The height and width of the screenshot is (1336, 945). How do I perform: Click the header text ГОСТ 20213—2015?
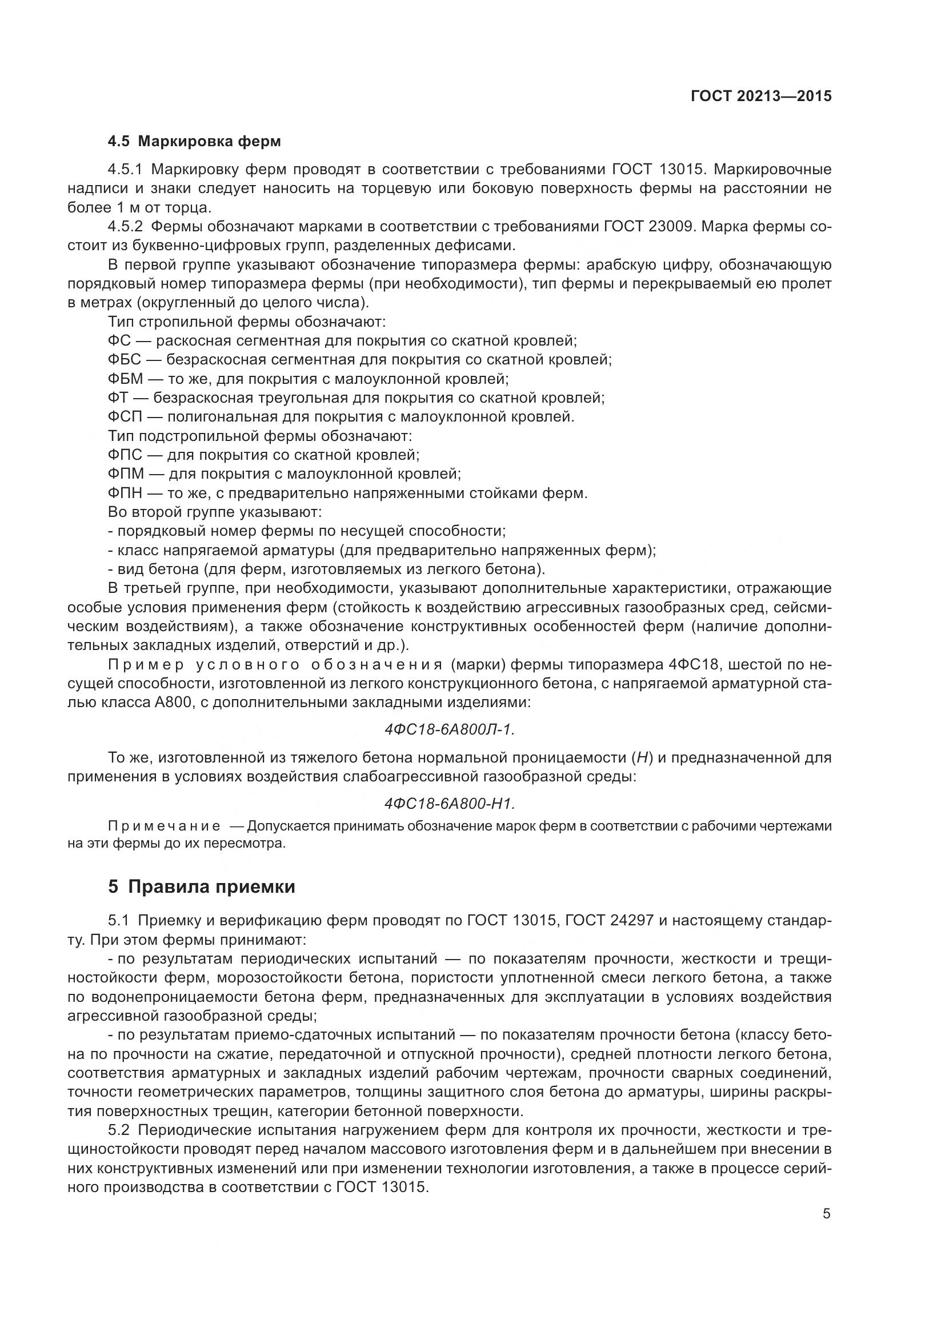click(x=760, y=96)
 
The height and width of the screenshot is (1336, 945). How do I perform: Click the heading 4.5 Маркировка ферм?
click(x=194, y=142)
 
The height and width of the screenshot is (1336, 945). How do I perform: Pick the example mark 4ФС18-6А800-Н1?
click(x=450, y=804)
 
